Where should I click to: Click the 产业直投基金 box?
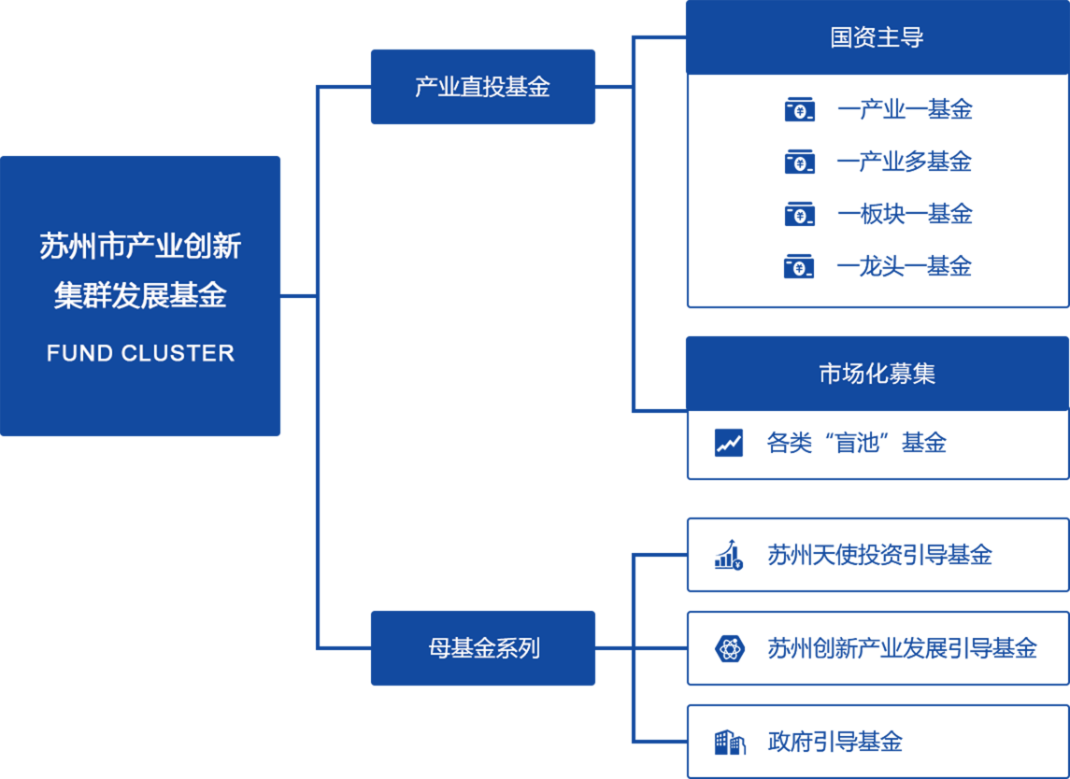pyautogui.click(x=482, y=87)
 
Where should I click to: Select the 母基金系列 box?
pyautogui.click(x=482, y=648)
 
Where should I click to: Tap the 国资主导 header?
pyautogui.click(x=877, y=37)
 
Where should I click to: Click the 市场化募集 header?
pyautogui.click(x=877, y=375)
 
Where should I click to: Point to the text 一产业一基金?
pyautogui.click(x=905, y=110)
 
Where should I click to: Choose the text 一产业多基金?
pyautogui.click(x=905, y=163)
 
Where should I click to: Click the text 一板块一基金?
pyautogui.click(x=905, y=215)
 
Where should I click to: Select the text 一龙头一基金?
pyautogui.click(x=905, y=267)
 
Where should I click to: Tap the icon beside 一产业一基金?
pyautogui.click(x=799, y=110)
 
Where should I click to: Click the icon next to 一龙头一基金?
pyautogui.click(x=799, y=267)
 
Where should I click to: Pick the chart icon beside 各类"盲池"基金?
pyautogui.click(x=729, y=443)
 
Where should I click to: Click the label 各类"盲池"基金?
pyautogui.click(x=856, y=443)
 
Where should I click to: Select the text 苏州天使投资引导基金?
pyautogui.click(x=879, y=555)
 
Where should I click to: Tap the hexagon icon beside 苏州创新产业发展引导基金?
pyautogui.click(x=729, y=648)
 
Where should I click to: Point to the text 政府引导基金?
pyautogui.click(x=835, y=743)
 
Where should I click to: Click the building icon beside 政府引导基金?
pyautogui.click(x=729, y=743)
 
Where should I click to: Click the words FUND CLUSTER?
pyautogui.click(x=140, y=353)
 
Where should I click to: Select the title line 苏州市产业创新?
pyautogui.click(x=140, y=247)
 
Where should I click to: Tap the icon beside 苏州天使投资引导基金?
pyautogui.click(x=729, y=555)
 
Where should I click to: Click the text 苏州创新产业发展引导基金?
pyautogui.click(x=902, y=648)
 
